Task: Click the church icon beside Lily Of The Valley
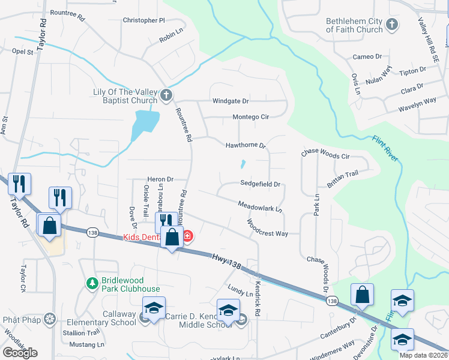(166, 95)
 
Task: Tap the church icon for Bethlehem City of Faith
(392, 25)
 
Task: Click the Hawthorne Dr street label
(245, 145)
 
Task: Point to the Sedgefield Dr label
(261, 184)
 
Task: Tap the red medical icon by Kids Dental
(187, 236)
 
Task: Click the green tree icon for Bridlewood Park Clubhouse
(92, 283)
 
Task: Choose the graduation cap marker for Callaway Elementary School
(154, 308)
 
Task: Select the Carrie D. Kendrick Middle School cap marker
(228, 310)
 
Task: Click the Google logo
(20, 352)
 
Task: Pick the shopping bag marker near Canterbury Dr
(363, 295)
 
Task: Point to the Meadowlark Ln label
(260, 207)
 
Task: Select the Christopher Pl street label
(143, 20)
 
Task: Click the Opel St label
(22, 52)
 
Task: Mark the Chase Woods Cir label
(325, 155)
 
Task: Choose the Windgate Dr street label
(230, 101)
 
